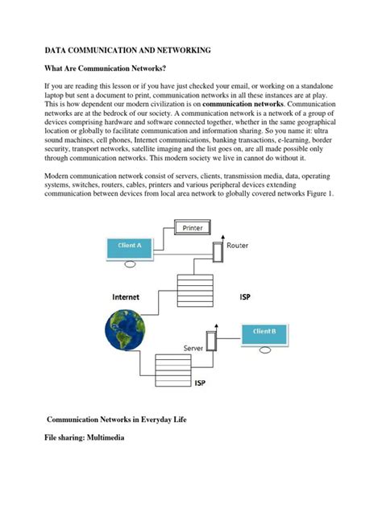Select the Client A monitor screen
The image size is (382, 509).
[x=129, y=247]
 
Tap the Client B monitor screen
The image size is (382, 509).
[x=263, y=332]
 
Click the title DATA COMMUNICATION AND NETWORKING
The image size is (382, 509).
[x=127, y=50]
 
